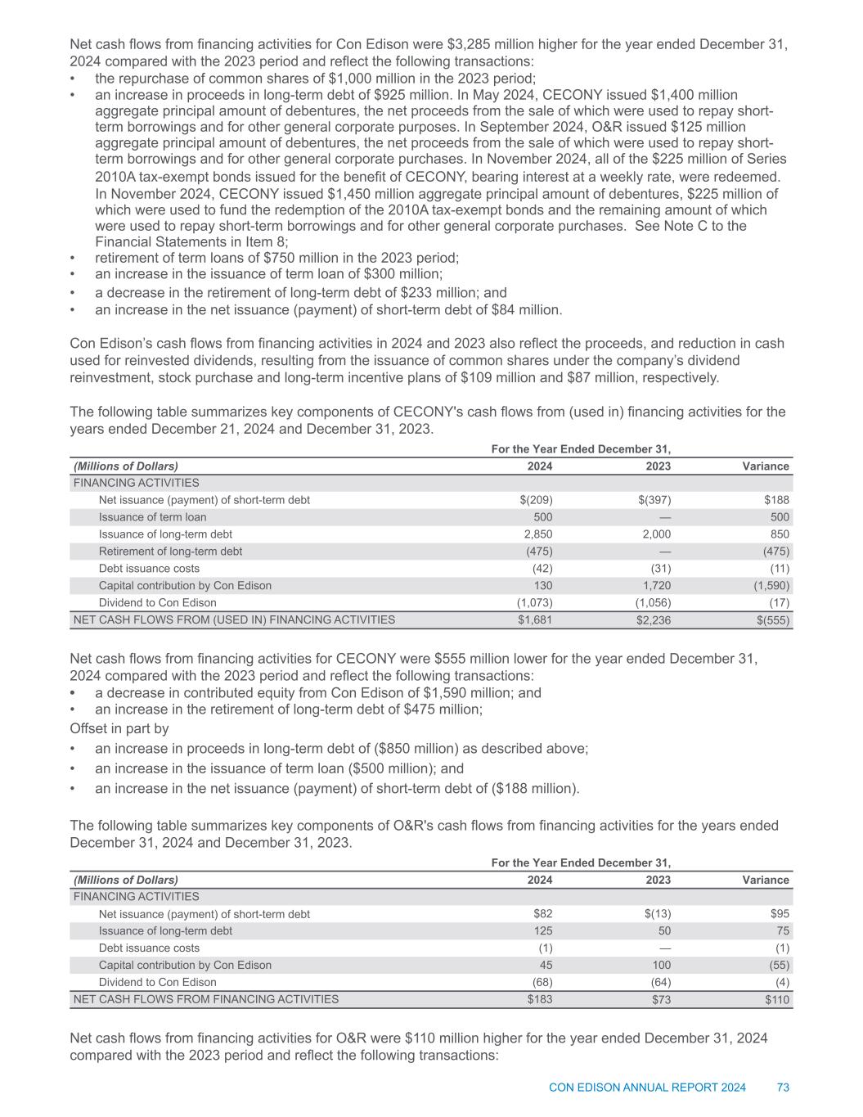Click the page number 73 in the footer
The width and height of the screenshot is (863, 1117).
click(783, 1088)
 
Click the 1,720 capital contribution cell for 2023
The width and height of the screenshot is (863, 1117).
click(655, 586)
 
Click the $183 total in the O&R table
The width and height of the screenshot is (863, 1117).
click(540, 999)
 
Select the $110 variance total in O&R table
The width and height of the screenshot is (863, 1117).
click(776, 999)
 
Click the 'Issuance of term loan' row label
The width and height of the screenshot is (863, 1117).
click(152, 517)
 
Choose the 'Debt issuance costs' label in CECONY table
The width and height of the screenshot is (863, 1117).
click(149, 569)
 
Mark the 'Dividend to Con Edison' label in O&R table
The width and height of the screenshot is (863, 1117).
click(158, 982)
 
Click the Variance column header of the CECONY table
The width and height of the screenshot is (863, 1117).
click(766, 466)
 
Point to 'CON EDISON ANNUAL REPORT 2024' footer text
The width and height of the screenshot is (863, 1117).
click(647, 1088)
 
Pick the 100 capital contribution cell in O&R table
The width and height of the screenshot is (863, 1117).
click(662, 965)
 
